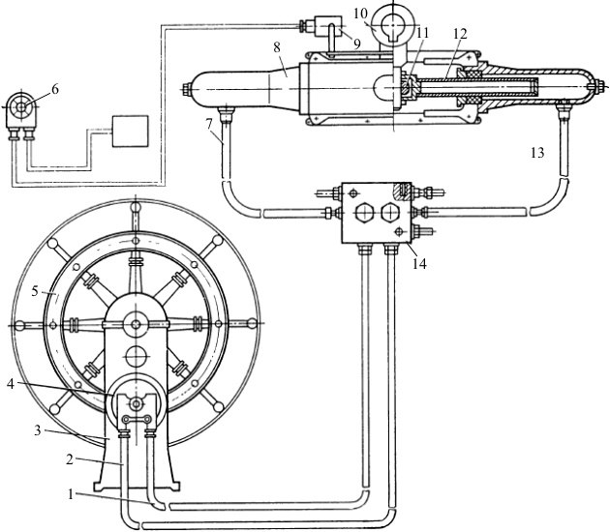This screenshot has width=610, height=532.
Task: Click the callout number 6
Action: (55, 89)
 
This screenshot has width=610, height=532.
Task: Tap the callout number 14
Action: (419, 264)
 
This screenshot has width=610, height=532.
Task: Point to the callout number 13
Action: (537, 153)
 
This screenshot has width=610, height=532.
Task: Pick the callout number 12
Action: (460, 34)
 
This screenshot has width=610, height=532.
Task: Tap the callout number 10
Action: (360, 14)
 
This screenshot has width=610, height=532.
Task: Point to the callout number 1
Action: (71, 494)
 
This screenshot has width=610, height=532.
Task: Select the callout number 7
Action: (209, 125)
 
